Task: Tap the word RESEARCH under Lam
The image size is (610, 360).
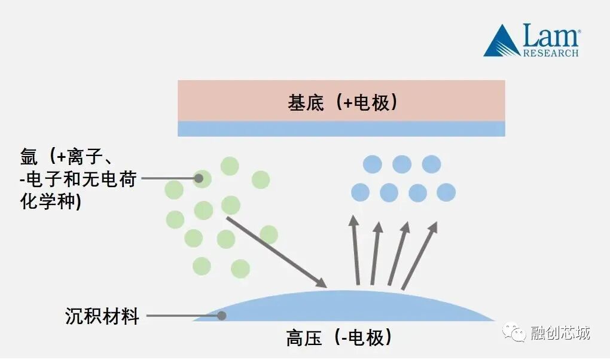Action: tap(551, 53)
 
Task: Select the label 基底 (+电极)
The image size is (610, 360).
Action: tap(342, 102)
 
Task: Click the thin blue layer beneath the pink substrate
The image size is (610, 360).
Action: tap(341, 129)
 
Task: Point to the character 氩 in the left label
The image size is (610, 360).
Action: tap(29, 157)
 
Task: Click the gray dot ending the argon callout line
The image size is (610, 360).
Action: tap(199, 178)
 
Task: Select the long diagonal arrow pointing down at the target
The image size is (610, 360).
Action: tap(276, 252)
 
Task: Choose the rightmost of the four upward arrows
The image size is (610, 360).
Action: tap(419, 254)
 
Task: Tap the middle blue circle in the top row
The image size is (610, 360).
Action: tap(402, 164)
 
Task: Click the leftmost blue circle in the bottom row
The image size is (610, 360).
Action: tap(360, 193)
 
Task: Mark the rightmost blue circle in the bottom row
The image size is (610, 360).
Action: tap(446, 193)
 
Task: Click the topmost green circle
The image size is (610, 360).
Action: tap(230, 166)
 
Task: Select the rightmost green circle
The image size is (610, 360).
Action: tap(269, 234)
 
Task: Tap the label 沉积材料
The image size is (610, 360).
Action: tap(102, 316)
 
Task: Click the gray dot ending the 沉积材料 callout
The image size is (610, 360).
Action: tap(221, 315)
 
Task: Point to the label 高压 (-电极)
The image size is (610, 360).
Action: tap(340, 338)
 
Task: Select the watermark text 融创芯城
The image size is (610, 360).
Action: tap(560, 332)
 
